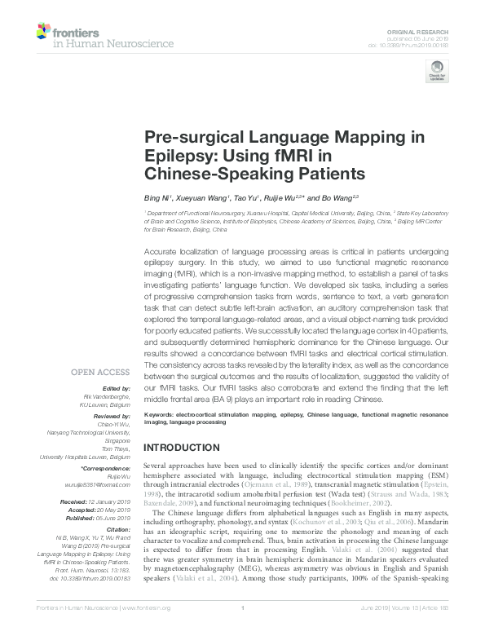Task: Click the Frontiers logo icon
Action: point(42,33)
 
